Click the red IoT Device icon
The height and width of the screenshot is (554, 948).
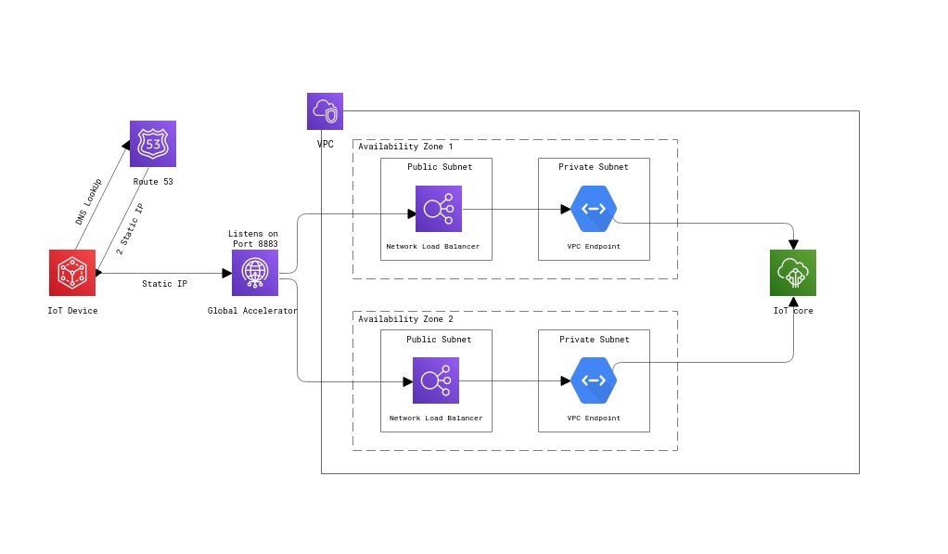coord(72,273)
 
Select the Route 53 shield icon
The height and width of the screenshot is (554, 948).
coord(153,144)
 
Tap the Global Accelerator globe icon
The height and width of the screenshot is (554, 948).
coord(255,273)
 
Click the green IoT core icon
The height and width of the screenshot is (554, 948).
coord(793,273)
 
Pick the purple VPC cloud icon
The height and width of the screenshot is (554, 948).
coord(325,111)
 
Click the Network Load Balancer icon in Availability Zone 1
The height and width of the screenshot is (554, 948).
coord(439,209)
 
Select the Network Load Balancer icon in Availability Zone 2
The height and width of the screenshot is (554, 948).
coord(436,380)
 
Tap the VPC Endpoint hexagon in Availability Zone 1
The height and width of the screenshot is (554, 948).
coord(594,209)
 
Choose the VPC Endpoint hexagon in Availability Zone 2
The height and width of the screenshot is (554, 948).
coord(594,380)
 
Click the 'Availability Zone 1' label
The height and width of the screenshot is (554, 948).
coord(405,147)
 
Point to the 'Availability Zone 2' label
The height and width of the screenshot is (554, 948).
coord(405,319)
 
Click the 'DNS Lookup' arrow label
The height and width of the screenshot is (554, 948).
coord(89,201)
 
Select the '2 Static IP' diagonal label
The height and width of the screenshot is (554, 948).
coord(130,229)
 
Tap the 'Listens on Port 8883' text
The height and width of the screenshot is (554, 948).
coord(253,239)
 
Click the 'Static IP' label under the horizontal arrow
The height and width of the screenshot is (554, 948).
coord(164,284)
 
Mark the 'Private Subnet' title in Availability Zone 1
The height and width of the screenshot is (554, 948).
coord(594,167)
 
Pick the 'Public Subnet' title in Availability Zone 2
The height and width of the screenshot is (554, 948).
coord(439,340)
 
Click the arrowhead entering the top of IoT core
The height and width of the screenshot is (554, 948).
coord(793,245)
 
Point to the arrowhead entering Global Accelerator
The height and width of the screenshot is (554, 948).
coord(226,273)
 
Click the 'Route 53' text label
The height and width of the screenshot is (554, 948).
coord(153,182)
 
